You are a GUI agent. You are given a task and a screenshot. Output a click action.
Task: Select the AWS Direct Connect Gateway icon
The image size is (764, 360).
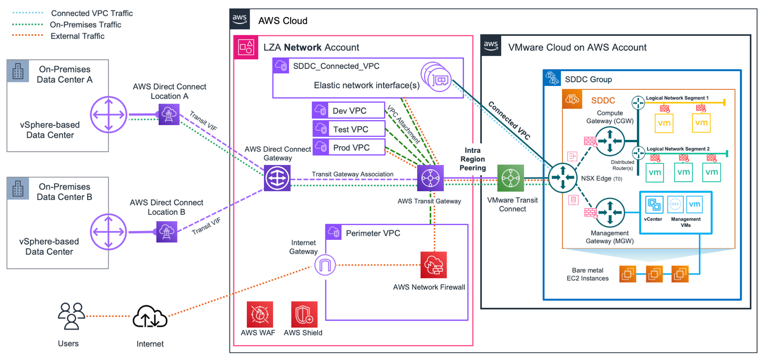click(x=277, y=178)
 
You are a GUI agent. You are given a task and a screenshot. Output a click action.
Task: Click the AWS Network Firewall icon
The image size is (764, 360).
click(x=433, y=264)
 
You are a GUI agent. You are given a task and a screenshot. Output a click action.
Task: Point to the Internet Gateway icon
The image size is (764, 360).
click(x=325, y=265)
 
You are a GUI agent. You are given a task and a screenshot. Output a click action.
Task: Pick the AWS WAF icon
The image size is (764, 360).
click(x=260, y=314)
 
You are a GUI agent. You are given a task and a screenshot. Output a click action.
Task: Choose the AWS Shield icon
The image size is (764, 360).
click(x=304, y=314)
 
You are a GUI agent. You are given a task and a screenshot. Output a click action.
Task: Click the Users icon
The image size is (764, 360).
click(x=71, y=316)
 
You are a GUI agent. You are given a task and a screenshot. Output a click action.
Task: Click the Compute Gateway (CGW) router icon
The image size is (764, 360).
click(x=610, y=140)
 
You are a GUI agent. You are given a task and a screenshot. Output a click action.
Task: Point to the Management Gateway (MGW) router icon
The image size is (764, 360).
click(x=610, y=213)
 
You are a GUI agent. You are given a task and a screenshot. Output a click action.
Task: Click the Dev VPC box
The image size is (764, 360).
click(x=348, y=110)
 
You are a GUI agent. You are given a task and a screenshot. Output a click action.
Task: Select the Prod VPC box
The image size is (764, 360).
click(x=348, y=147)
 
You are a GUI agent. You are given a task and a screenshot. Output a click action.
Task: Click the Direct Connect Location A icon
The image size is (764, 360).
click(x=169, y=114)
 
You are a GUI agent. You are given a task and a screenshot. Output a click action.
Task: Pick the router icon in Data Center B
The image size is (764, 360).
click(x=109, y=232)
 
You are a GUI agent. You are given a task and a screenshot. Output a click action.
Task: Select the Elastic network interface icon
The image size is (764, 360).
click(x=436, y=79)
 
